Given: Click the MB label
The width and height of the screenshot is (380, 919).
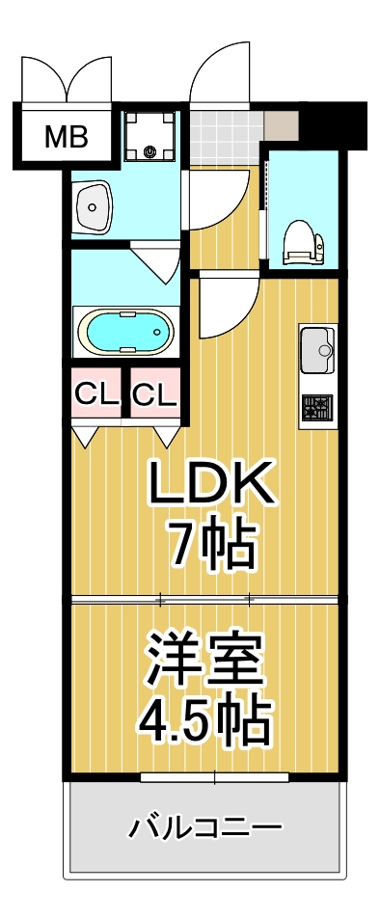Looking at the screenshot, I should (x=67, y=137).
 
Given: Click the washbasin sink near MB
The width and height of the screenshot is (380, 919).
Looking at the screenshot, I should (x=95, y=204).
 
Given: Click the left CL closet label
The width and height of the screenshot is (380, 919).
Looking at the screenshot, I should (x=96, y=393).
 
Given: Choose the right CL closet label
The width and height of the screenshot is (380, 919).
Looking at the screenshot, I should (x=154, y=393).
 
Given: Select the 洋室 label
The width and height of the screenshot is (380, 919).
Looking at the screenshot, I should (x=204, y=661).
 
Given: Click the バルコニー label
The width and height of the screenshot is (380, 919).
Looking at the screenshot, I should (x=205, y=827).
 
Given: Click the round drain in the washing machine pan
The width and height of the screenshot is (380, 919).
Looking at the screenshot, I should (x=151, y=150).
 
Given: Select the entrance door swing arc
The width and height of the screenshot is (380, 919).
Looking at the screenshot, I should (x=220, y=72).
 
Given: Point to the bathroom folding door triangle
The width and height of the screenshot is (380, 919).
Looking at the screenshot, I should (x=154, y=261).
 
